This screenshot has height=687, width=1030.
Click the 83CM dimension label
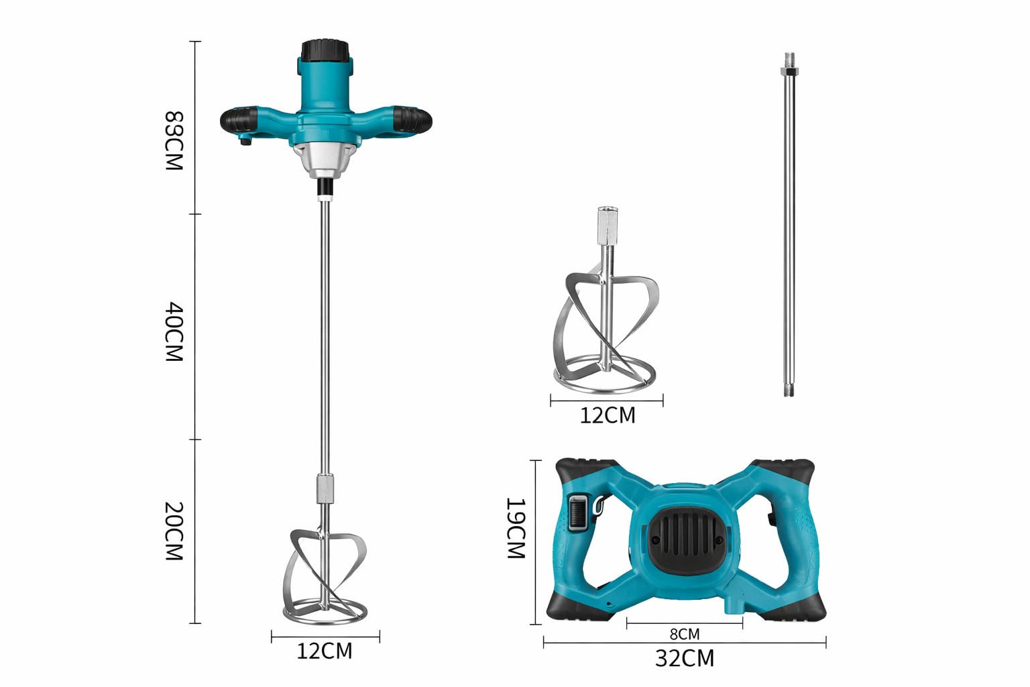tap(174, 141)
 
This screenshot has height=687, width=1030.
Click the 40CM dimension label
tap(174, 332)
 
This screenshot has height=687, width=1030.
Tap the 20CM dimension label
tap(174, 531)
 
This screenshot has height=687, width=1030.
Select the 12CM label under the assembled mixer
tap(325, 651)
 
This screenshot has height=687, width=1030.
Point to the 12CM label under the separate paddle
tap(608, 415)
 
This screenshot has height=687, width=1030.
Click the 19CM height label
tap(516, 528)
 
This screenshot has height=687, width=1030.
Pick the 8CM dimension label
tap(685, 634)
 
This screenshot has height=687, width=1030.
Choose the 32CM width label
tap(685, 658)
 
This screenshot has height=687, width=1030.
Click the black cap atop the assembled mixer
tap(325, 51)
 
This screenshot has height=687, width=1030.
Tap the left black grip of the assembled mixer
tap(239, 120)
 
